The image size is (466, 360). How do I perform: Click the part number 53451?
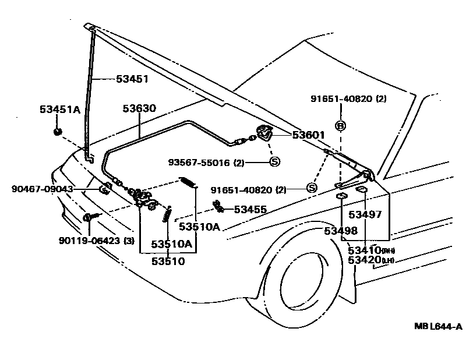[x=132, y=79]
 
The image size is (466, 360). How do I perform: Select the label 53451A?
[x=60, y=109]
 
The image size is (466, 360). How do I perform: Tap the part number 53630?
[x=139, y=108]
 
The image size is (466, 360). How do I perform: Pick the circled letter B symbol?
[x=340, y=126]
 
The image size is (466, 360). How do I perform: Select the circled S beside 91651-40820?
[x=310, y=187]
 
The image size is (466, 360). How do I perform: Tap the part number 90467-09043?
[x=42, y=189]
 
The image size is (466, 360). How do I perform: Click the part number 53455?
[x=250, y=209]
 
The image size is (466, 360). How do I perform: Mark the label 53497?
[x=365, y=214]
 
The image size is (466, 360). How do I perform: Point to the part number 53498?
[x=341, y=231]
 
